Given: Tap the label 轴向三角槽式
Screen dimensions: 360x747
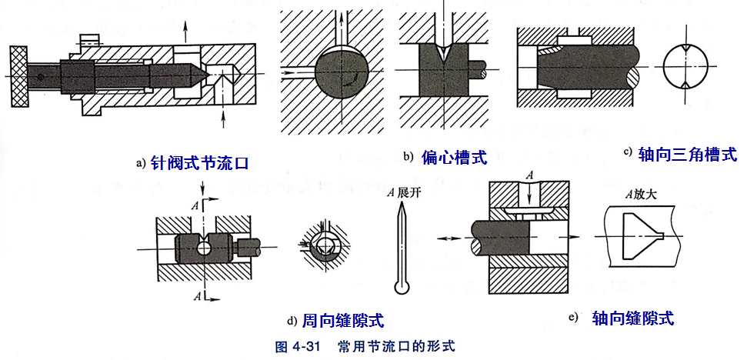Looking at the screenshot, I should pos(687,154).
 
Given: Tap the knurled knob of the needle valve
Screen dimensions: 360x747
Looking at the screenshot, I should pos(19,76).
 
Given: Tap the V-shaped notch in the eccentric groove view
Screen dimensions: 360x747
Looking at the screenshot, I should pos(439,58).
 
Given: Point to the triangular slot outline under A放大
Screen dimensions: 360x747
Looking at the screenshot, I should pos(635,233).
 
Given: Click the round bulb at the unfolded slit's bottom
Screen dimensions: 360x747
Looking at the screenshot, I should pos(401,288).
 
